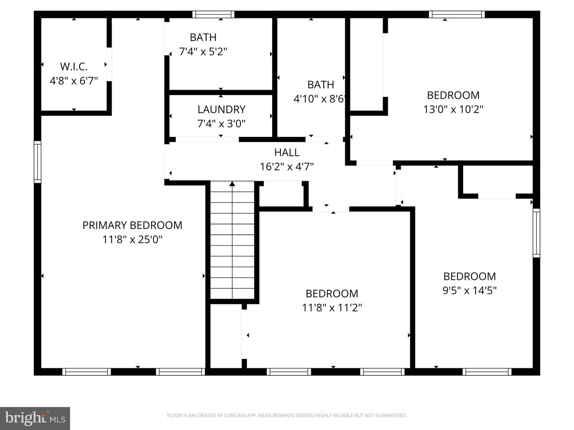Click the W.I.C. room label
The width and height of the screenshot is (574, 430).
[74, 66]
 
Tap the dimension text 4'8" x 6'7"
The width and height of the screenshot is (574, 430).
[74, 81]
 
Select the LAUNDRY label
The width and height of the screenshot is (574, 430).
[221, 109]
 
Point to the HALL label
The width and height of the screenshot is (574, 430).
[287, 152]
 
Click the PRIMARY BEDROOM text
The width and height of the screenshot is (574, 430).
[132, 225]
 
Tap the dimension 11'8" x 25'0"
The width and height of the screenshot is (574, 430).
[132, 240]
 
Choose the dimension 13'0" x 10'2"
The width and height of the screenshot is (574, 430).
[453, 109]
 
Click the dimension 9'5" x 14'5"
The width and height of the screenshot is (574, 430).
[470, 291]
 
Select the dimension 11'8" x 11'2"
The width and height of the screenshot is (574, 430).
[332, 308]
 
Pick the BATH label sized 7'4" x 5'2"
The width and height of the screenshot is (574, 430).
[203, 37]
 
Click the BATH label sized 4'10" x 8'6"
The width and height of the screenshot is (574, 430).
[320, 85]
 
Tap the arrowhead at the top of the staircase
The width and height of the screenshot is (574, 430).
[232, 184]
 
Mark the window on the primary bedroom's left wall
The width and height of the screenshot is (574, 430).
[37, 162]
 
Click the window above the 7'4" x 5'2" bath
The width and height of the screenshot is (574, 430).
[213, 15]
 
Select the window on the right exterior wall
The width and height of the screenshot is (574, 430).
[536, 233]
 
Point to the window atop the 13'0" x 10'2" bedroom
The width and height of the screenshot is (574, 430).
[457, 15]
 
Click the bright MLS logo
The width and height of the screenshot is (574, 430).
[35, 418]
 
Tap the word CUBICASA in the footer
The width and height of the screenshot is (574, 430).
[234, 416]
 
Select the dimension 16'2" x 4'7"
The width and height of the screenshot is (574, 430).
[287, 167]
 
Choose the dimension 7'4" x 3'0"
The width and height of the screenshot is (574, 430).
[221, 124]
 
